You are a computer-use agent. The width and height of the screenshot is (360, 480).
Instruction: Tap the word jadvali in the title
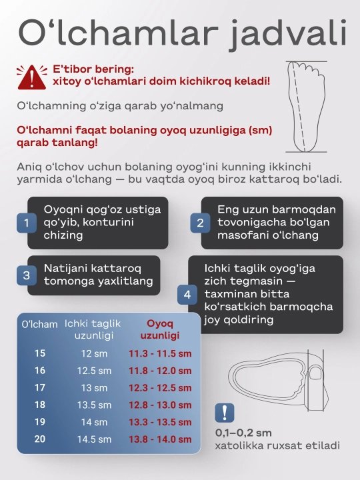pyautogui.click(x=288, y=34)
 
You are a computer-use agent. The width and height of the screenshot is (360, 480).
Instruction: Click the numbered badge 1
pyautogui.click(x=27, y=223)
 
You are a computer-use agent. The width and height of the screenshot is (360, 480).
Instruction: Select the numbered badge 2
pyautogui.click(x=200, y=223)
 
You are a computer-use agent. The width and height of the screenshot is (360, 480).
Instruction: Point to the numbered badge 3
pyautogui.click(x=27, y=275)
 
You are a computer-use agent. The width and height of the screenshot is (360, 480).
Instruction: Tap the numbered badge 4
pyautogui.click(x=187, y=295)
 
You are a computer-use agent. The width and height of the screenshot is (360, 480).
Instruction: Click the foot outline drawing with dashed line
pyautogui.click(x=306, y=107)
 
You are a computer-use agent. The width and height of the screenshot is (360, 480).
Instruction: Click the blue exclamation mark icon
pyautogui.click(x=225, y=413)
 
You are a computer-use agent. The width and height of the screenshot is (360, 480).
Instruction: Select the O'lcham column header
pyautogui.click(x=39, y=324)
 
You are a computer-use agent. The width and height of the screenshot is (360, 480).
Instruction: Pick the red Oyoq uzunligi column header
pyautogui.click(x=160, y=329)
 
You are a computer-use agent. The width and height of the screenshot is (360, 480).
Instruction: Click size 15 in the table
pyautogui.click(x=40, y=353)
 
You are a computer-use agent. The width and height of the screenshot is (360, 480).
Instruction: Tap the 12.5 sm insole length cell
pyautogui.click(x=94, y=371)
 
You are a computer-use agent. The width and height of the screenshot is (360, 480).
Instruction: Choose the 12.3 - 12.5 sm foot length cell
pyautogui.click(x=160, y=388)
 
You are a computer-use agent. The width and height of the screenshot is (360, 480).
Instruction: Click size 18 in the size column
pyautogui.click(x=40, y=405)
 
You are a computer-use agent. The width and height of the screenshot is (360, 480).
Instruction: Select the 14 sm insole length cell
pyautogui.click(x=94, y=422)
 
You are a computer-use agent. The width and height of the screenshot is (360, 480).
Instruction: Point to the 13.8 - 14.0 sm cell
pyautogui.click(x=160, y=439)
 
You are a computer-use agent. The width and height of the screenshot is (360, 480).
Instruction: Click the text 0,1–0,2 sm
pyautogui.click(x=243, y=433)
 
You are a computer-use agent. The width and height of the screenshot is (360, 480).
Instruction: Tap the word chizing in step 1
pyautogui.click(x=63, y=235)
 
